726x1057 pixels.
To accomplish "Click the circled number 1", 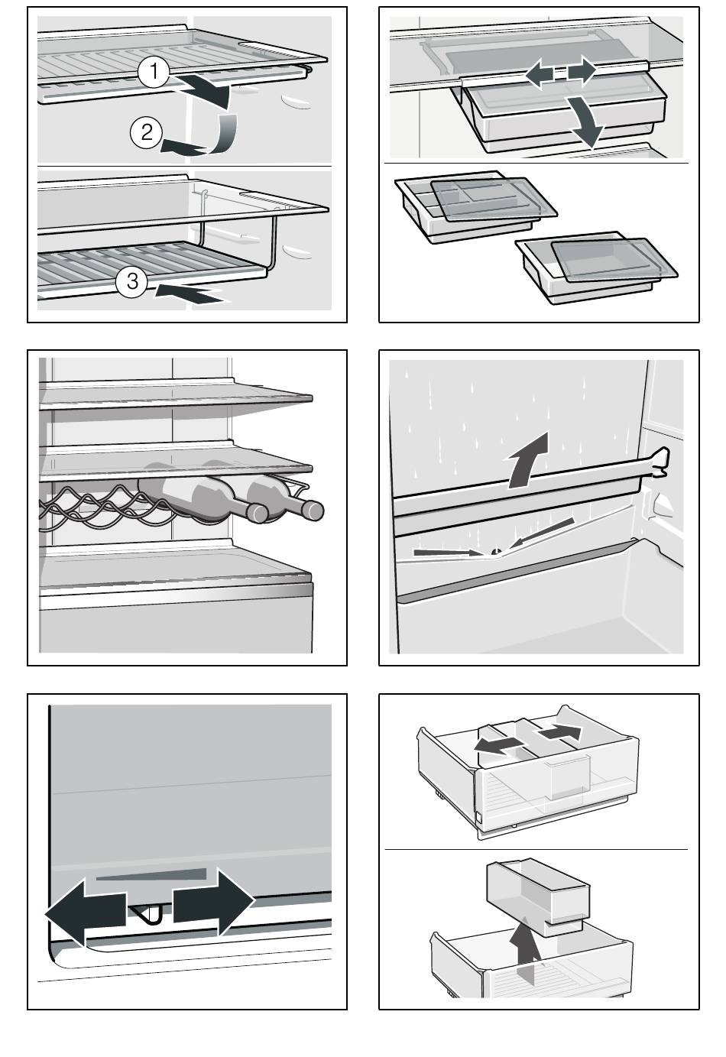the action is [154, 72].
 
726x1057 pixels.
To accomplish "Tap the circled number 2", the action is [146, 131].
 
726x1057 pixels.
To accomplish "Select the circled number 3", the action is [132, 282].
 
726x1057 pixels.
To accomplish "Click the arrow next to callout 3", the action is [191, 293].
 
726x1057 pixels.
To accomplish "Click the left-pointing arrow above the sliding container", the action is [540, 73].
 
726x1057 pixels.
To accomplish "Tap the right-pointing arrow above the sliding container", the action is [582, 70].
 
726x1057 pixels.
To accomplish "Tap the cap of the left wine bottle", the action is [258, 514].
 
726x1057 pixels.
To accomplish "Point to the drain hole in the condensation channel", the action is [496, 551].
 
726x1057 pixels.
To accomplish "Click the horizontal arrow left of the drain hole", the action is [447, 552].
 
